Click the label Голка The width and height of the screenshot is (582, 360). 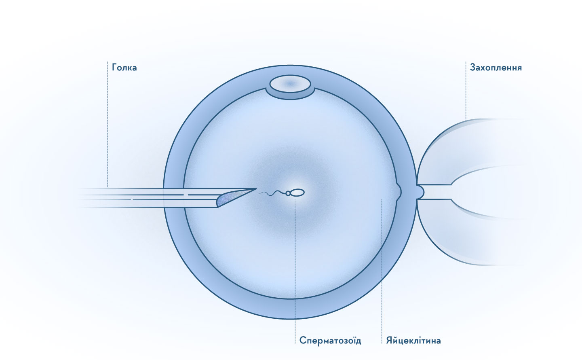tap(124, 68)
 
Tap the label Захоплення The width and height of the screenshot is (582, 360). tap(496, 68)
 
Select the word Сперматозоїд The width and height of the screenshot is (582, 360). tap(330, 341)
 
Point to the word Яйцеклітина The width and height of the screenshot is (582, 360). tap(413, 341)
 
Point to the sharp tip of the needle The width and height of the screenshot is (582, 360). tap(256, 188)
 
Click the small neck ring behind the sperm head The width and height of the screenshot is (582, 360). tap(288, 193)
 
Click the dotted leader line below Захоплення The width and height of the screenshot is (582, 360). tap(466, 91)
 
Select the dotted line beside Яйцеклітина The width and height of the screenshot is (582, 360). tap(382, 271)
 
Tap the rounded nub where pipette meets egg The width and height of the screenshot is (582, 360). tap(420, 192)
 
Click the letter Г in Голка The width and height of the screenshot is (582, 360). tap(114, 68)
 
